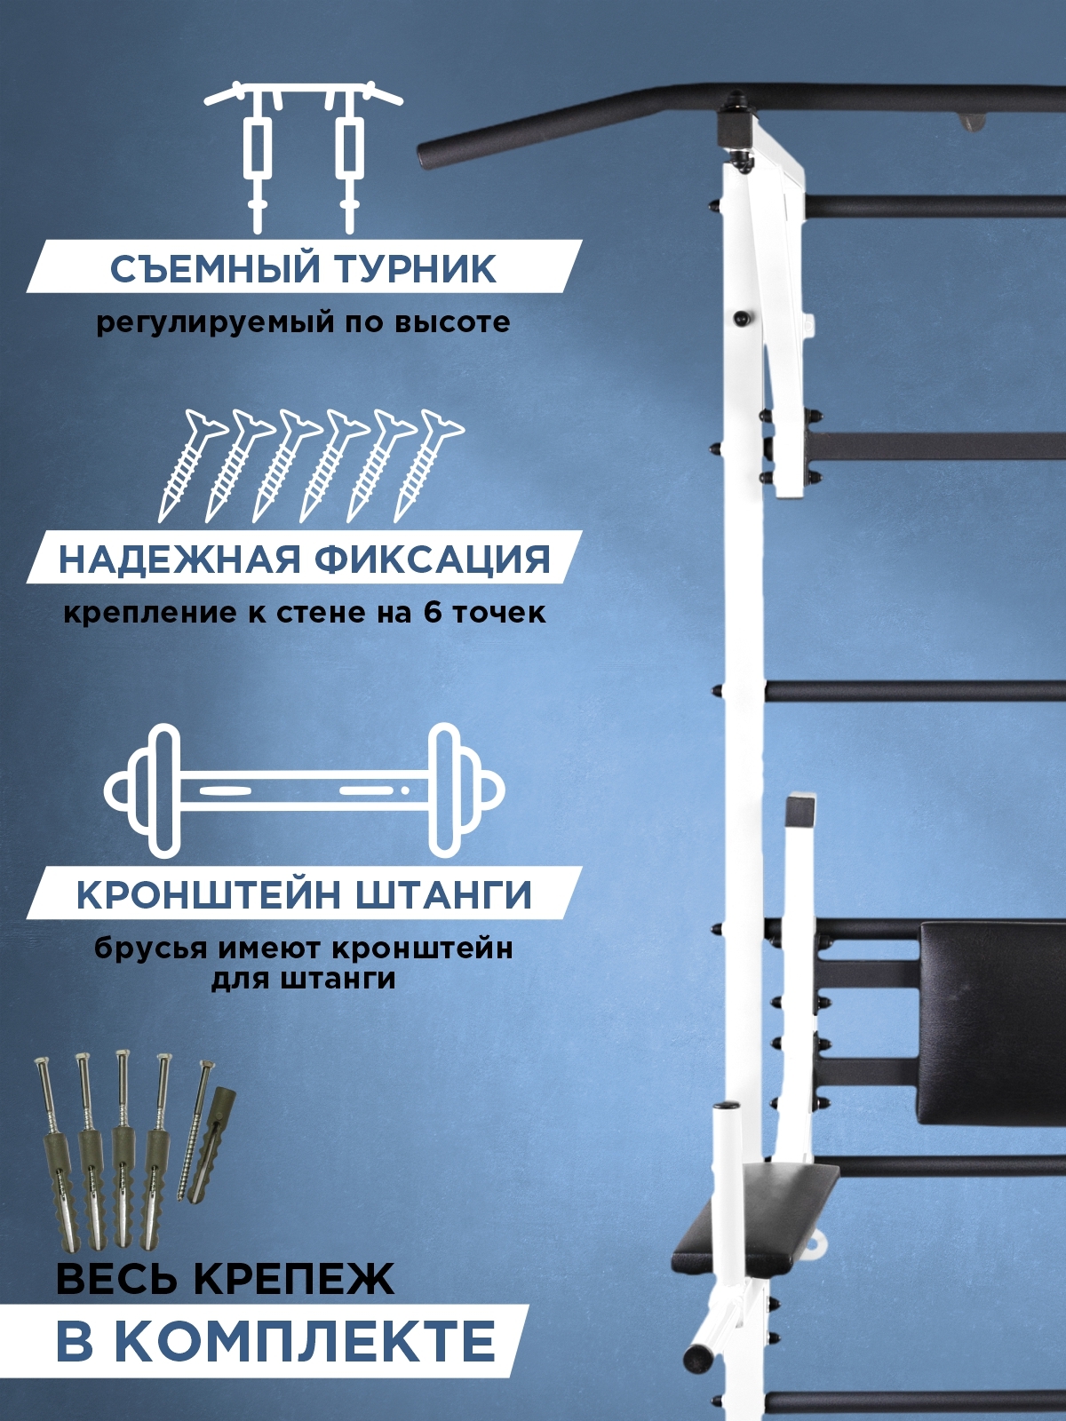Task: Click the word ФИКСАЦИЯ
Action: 433,560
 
